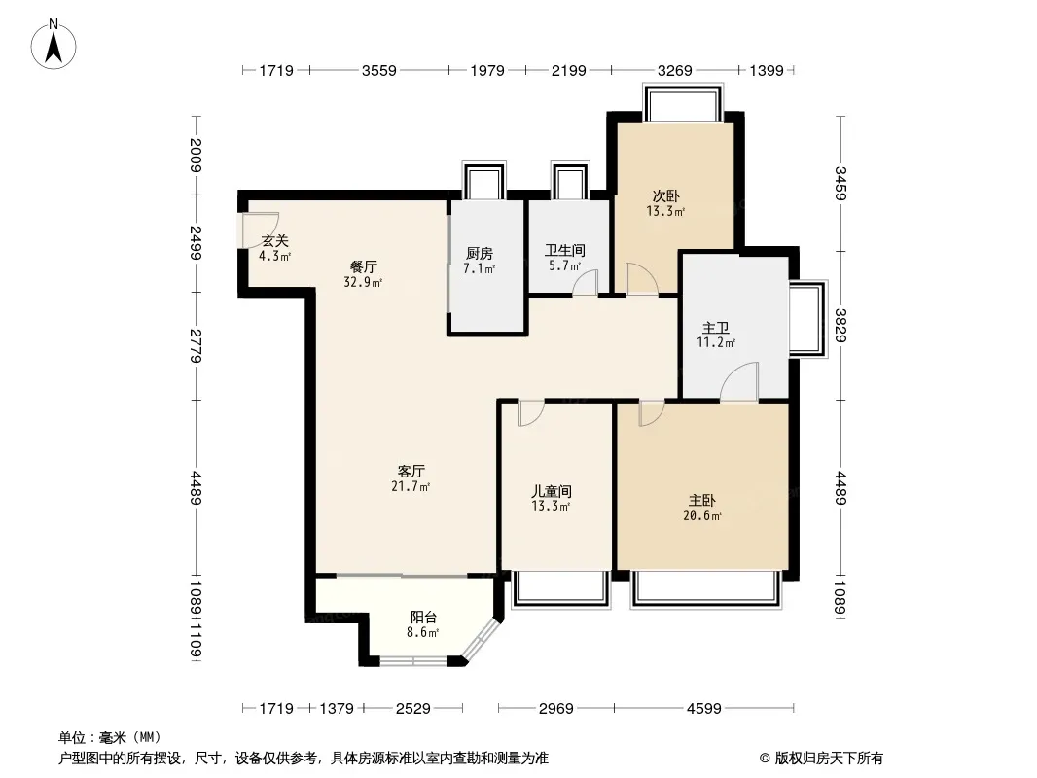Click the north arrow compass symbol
click(54, 44)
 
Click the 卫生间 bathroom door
click(586, 282)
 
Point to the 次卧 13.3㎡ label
click(665, 203)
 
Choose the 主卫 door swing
click(738, 381)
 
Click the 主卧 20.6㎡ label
click(701, 508)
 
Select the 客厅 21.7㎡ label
click(411, 478)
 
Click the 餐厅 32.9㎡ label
click(363, 274)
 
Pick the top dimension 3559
click(379, 70)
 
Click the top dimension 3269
click(674, 70)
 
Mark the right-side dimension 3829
click(840, 325)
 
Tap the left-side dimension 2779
click(196, 345)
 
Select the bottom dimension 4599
click(703, 709)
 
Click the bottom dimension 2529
click(413, 709)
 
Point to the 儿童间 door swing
click(531, 412)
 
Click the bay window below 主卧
click(705, 587)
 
